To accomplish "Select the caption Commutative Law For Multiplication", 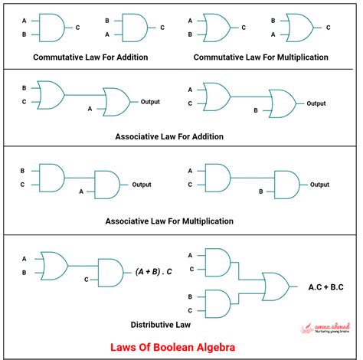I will pyautogui.click(x=260, y=57).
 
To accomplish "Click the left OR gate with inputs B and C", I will pyautogui.click(x=50, y=94).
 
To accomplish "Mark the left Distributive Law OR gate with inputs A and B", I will pyautogui.click(x=53, y=264).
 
